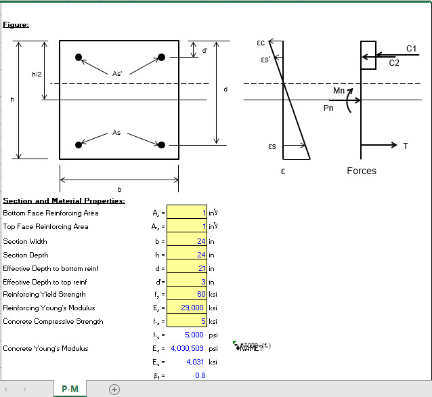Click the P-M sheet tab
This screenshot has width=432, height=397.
coord(69,389)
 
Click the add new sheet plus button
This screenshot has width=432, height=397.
coord(114,389)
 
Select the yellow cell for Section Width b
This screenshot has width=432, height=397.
coord(186,241)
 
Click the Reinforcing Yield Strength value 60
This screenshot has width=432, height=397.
coord(186,295)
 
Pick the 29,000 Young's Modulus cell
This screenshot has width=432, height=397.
coord(186,308)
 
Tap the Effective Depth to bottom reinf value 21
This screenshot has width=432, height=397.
coord(186,268)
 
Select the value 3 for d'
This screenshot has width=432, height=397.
coord(186,282)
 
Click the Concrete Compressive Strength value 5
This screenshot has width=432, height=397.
coord(186,322)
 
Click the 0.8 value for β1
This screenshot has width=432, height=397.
coord(200,375)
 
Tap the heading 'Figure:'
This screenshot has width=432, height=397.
coord(16,25)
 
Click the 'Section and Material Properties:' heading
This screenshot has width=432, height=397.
coord(64,201)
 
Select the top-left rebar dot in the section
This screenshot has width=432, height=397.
coord(79,56)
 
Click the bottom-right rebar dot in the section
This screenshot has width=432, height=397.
coord(161,144)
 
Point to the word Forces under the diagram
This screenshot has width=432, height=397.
coord(361,171)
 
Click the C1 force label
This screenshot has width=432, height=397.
coord(411,48)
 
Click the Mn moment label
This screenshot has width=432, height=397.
coord(339,90)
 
